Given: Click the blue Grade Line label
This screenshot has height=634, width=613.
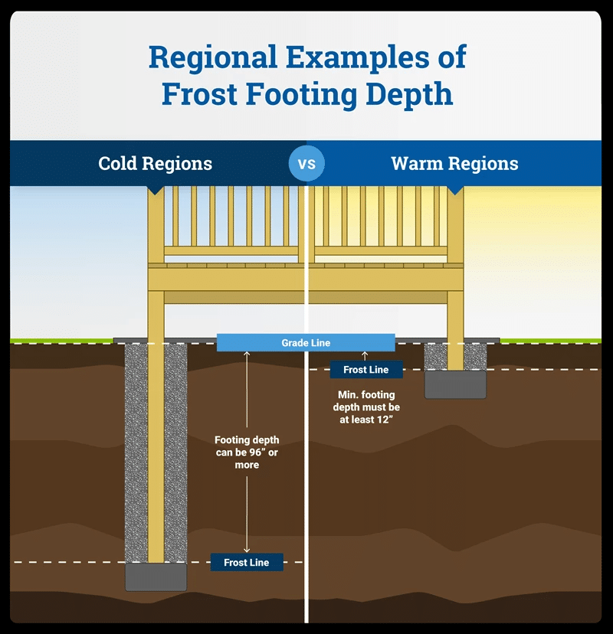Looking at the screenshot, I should [306, 343].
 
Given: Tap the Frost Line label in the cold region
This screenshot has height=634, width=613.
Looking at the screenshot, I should [247, 563].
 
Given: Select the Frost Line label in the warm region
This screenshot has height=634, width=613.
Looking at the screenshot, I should [366, 370].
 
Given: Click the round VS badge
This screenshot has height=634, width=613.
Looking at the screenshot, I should [306, 163].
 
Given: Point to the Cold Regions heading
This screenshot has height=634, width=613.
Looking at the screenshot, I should [156, 164].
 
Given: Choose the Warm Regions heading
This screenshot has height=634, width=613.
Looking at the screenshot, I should [454, 164].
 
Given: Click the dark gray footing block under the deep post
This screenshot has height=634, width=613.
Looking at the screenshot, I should [156, 577].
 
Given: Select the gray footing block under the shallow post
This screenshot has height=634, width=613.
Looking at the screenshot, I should [455, 384].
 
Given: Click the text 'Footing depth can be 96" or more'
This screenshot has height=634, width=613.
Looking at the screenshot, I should [247, 453].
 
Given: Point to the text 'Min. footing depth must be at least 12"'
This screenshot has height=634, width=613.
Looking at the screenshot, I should [366, 407].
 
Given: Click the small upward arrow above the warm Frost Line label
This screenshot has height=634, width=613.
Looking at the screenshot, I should [366, 355].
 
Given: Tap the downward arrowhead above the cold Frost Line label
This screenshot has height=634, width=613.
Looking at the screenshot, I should [247, 547].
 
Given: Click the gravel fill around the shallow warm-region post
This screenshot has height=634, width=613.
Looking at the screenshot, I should [436, 355].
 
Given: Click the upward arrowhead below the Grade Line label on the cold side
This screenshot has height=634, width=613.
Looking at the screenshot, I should [247, 355].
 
